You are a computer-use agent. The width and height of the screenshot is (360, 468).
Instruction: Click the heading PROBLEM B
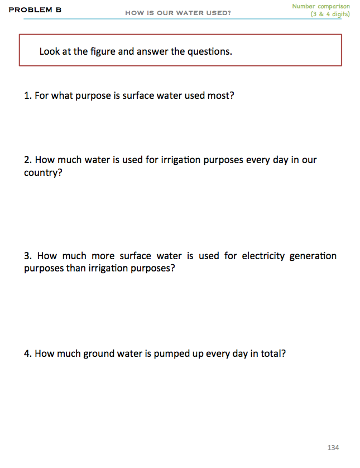[35, 10]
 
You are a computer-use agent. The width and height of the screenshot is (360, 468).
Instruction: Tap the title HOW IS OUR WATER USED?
[178, 13]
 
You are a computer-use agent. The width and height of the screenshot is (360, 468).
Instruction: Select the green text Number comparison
[321, 6]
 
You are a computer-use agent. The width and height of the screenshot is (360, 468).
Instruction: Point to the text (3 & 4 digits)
[330, 14]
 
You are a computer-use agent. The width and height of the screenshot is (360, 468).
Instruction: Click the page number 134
[333, 448]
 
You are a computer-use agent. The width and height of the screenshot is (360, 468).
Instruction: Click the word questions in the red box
[209, 51]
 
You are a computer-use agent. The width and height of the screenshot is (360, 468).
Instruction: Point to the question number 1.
[27, 95]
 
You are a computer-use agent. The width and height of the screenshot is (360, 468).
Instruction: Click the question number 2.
[27, 160]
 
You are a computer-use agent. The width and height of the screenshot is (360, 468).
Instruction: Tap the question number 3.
[27, 256]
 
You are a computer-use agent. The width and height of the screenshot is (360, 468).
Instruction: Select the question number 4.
[27, 354]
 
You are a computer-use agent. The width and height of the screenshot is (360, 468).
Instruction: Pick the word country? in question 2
[42, 173]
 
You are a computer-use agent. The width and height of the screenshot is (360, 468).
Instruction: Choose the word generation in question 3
[313, 256]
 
